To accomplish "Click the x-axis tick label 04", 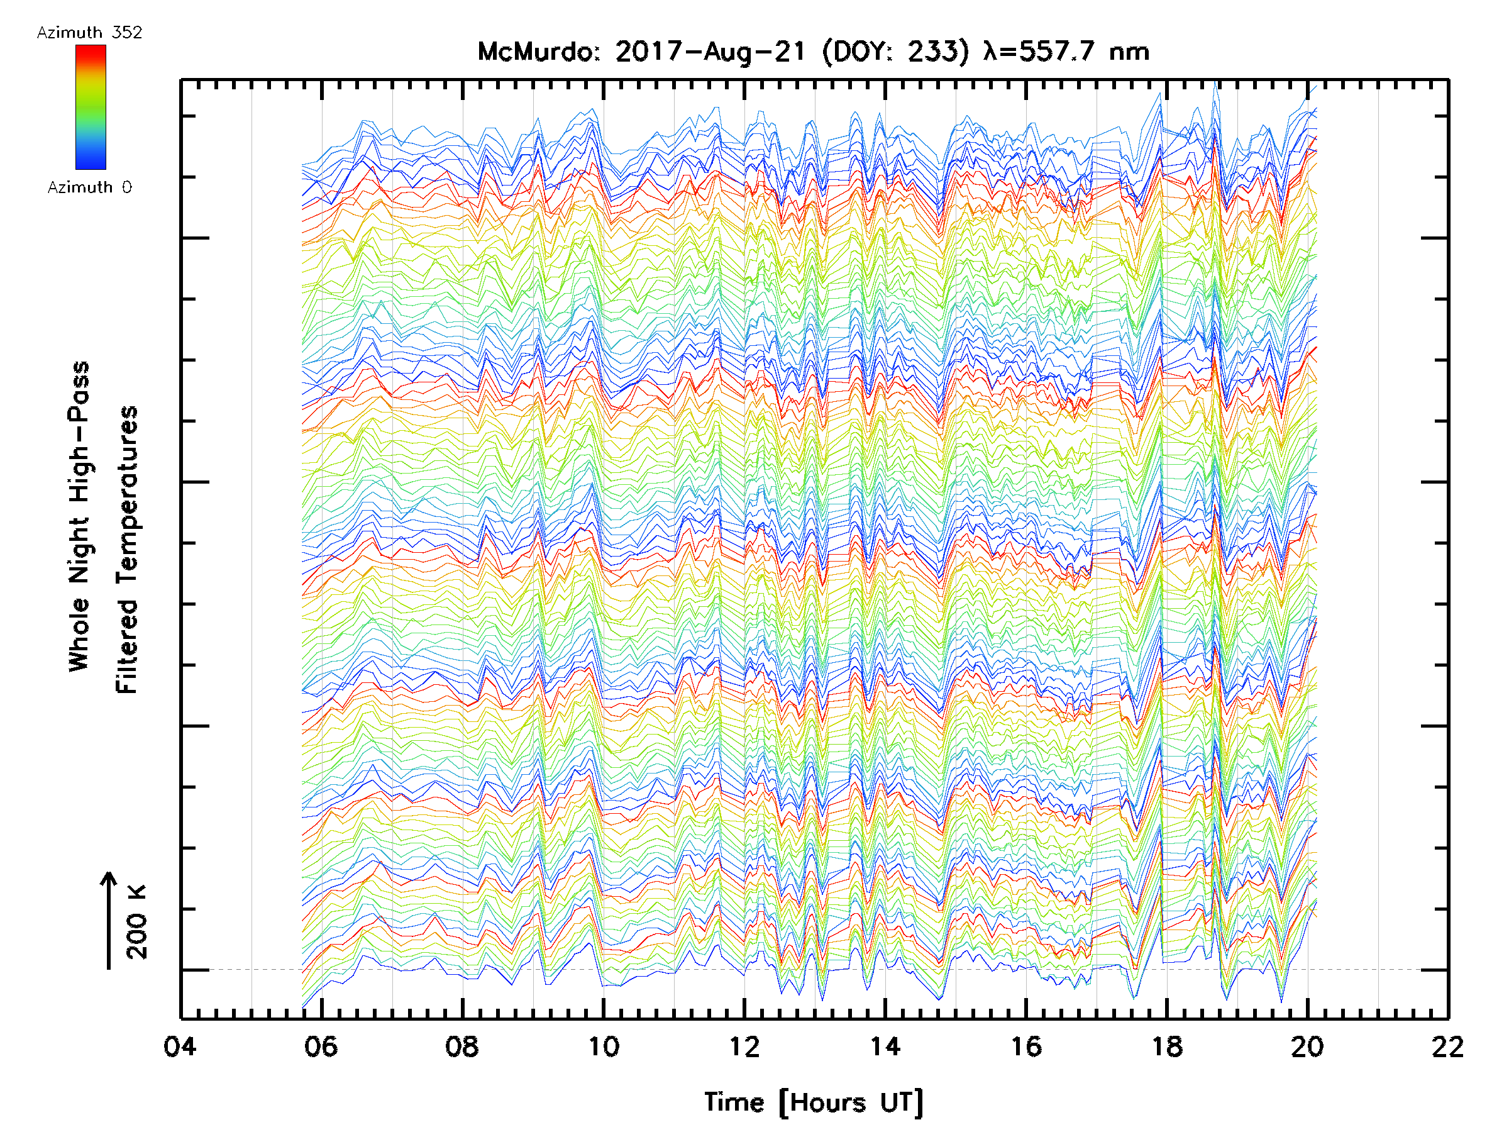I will tap(180, 1046).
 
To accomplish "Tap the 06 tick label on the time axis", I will tap(321, 1046).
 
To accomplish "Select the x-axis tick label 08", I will tap(462, 1046).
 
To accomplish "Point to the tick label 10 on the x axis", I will tap(603, 1046).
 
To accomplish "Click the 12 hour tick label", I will tap(744, 1046).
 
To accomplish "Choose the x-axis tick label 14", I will tap(885, 1046).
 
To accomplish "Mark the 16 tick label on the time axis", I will tap(1026, 1046).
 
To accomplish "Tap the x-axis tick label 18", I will tap(1166, 1046).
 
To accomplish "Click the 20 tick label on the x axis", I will tap(1307, 1046).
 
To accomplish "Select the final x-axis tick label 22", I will tap(1447, 1046).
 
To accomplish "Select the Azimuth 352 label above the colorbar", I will tap(89, 33).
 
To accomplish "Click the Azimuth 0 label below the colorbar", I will tap(89, 187).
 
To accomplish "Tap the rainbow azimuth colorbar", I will tap(91, 107).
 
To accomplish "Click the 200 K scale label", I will tap(137, 922).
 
